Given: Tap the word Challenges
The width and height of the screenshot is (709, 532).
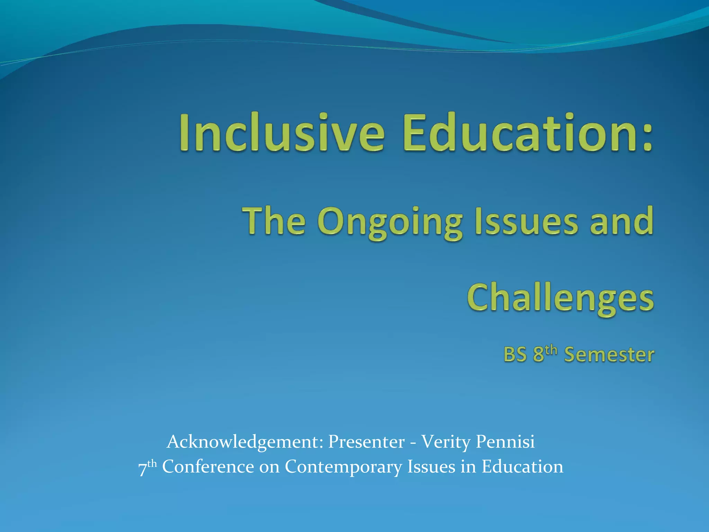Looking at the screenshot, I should [560, 299].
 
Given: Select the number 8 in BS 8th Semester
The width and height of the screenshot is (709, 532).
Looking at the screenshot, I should [538, 355].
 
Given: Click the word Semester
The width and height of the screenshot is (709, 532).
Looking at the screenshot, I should [609, 355].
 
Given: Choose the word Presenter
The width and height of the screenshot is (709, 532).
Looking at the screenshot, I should [366, 442].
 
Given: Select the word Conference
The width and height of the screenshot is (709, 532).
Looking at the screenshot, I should [208, 467].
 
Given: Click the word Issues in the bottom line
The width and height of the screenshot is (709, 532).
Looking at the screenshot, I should [431, 467].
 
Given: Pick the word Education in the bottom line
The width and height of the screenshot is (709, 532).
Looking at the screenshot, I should [522, 467].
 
